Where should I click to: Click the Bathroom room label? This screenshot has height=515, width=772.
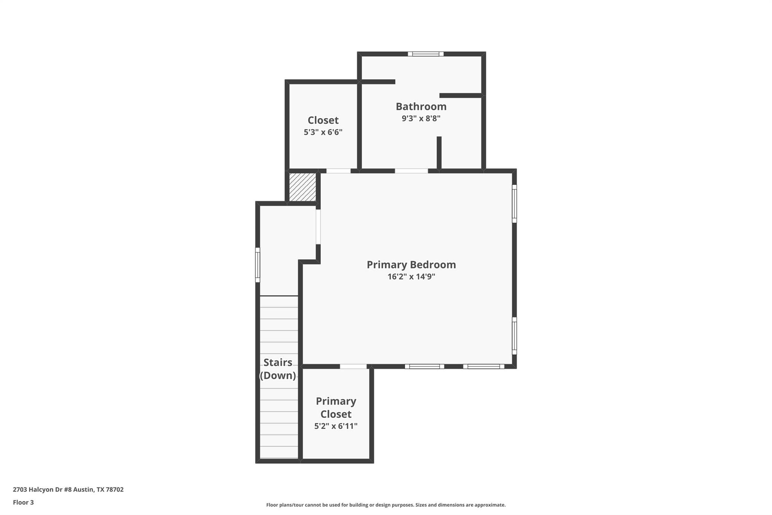(421, 106)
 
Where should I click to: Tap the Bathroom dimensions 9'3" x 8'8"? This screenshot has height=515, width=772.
(421, 118)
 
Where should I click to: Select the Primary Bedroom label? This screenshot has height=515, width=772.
(411, 265)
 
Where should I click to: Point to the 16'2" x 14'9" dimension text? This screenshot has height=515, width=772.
(411, 277)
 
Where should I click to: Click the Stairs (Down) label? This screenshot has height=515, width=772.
(278, 369)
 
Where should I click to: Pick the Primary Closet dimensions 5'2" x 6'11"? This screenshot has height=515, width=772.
(336, 426)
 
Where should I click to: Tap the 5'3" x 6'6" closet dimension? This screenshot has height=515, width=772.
(323, 132)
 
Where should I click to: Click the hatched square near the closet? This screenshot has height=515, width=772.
(302, 187)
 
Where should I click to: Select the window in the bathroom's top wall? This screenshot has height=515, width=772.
(426, 54)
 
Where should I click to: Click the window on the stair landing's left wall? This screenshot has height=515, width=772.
(258, 264)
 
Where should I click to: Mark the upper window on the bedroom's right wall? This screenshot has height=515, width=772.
(514, 203)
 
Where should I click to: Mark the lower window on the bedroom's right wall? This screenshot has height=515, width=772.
(514, 336)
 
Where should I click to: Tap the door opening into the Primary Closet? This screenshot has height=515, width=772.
(353, 366)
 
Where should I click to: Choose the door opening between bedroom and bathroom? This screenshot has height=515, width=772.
(411, 171)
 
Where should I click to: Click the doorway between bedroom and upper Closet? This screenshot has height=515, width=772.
(338, 171)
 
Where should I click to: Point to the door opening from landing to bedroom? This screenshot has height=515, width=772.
(318, 227)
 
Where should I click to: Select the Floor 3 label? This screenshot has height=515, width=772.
(23, 502)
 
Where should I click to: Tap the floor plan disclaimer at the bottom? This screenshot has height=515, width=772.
(386, 505)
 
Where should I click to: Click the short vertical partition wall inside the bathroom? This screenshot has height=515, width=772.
(439, 152)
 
